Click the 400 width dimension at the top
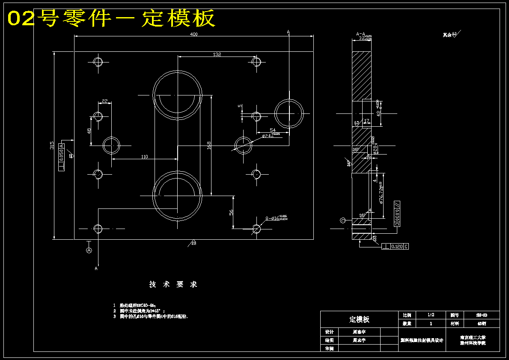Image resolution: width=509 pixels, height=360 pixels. point(194,34)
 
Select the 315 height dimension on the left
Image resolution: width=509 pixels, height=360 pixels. point(52,146)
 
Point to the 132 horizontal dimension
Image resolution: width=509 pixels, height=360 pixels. point(217,54)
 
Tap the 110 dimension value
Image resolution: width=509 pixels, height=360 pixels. point(145,157)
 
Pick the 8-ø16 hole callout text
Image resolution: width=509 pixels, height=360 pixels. point(276,218)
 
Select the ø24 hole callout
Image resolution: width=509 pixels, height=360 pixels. point(271,135)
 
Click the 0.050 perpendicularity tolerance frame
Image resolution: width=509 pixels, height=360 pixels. point(62,157)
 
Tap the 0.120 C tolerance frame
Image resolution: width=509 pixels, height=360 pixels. point(395,247)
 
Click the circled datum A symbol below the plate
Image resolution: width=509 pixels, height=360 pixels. point(89,250)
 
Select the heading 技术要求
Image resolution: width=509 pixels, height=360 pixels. point(173,284)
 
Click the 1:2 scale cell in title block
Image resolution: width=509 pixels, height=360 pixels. point(431,315)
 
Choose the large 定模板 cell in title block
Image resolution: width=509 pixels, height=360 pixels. point(359,319)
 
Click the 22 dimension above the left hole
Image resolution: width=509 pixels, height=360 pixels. point(105,101)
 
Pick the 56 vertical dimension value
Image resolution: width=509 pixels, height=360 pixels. point(231,212)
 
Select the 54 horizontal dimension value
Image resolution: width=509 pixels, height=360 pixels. point(272,130)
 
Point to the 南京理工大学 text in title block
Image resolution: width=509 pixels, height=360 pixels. point(473,338)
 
